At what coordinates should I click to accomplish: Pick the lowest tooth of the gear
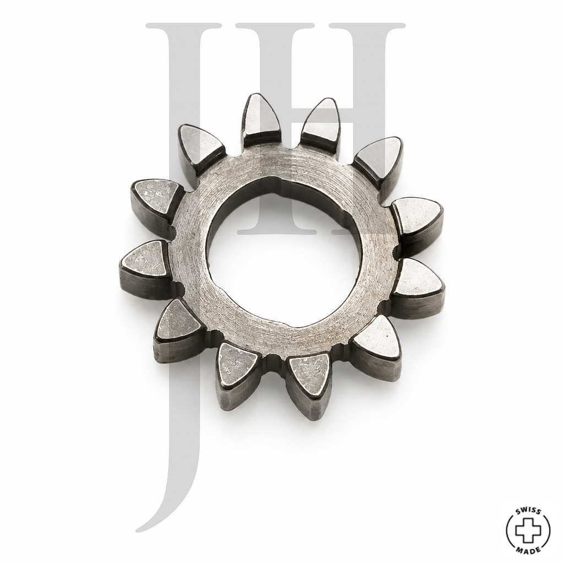click(310, 385)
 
